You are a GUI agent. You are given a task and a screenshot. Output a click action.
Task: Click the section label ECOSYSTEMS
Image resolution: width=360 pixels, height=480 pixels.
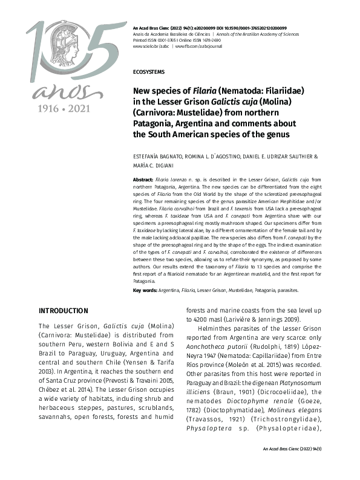coord(148,72)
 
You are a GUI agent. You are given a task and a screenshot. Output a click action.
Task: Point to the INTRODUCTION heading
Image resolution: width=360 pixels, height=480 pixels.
coord(64,311)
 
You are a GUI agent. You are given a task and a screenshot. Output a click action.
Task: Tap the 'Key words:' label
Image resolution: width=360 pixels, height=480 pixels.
coord(145,291)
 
